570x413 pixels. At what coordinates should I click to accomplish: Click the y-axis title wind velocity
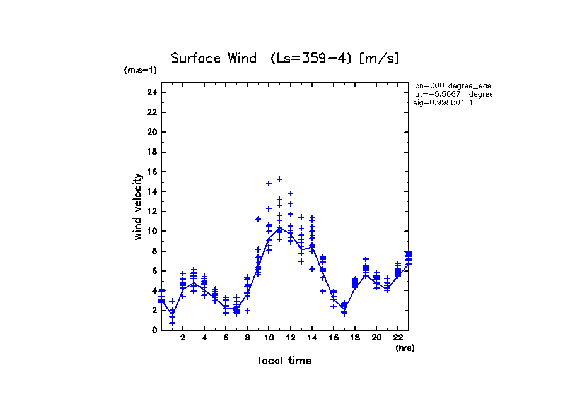click(137, 207)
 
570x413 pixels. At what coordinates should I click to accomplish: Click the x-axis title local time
click(284, 361)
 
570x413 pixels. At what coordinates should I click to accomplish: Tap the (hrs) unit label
click(405, 348)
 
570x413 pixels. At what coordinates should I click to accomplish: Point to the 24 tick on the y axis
click(151, 92)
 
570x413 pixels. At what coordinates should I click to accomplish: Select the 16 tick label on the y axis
click(151, 172)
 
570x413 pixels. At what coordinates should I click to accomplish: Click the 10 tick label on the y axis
click(151, 231)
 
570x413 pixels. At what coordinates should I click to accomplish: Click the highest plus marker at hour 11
click(279, 179)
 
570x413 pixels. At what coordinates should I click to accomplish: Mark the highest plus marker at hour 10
click(269, 183)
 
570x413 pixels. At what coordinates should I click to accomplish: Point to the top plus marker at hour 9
click(258, 219)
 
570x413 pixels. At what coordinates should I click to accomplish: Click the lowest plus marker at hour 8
click(247, 310)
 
